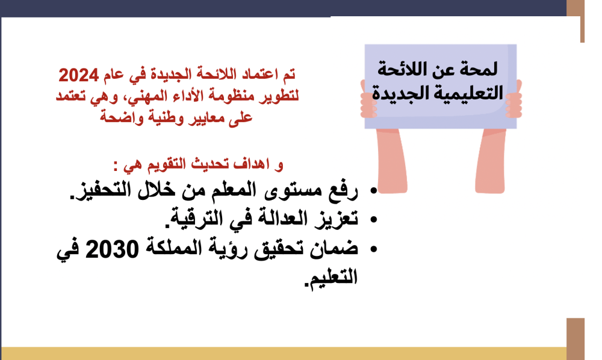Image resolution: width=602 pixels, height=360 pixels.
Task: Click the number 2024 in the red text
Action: [x=78, y=75]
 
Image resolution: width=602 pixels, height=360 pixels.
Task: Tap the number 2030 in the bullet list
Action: [x=112, y=249]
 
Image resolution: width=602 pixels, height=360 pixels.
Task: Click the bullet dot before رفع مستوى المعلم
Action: [x=374, y=190]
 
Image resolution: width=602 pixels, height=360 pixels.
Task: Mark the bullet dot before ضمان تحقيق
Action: [x=374, y=249]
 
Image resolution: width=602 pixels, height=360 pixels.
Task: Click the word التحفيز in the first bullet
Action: [x=101, y=190]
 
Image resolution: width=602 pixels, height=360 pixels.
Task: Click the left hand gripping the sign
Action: [x=368, y=99]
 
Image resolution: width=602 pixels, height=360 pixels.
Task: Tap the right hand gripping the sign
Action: [x=514, y=99]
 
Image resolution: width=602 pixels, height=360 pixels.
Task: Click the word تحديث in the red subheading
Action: [x=207, y=164]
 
